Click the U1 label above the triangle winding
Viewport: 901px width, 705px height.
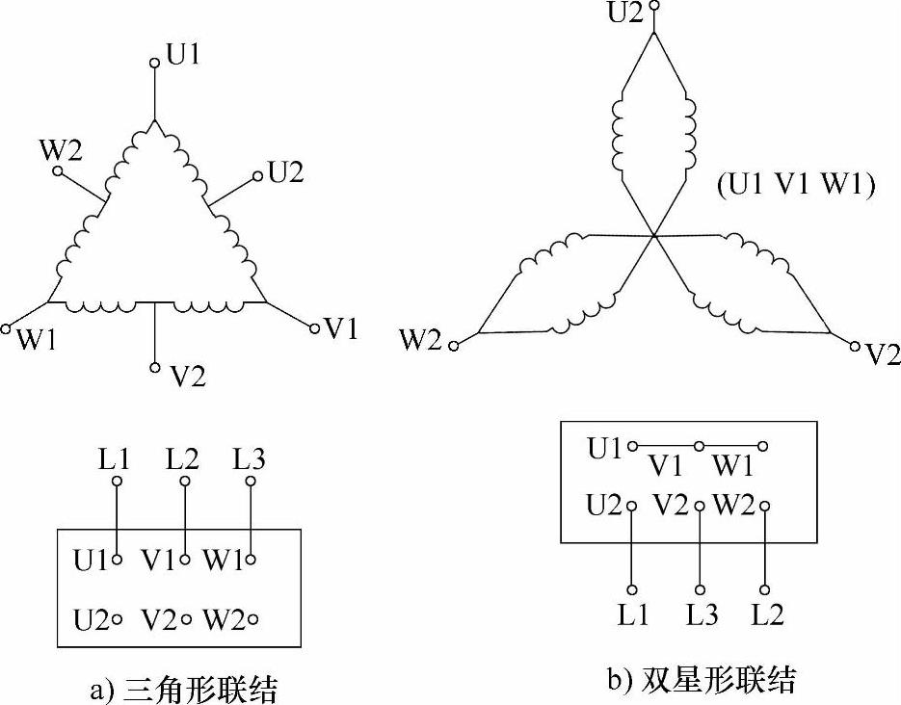(183, 55)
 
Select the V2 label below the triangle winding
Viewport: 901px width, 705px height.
(187, 376)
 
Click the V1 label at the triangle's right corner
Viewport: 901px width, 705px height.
(341, 329)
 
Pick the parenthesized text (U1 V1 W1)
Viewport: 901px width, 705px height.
(795, 186)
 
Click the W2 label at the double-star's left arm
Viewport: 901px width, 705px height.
(421, 340)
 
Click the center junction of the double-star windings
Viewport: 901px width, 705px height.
(654, 235)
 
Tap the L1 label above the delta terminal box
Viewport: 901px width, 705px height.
(115, 459)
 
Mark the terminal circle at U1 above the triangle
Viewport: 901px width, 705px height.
(154, 64)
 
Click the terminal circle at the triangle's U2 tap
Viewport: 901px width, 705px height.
(257, 175)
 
